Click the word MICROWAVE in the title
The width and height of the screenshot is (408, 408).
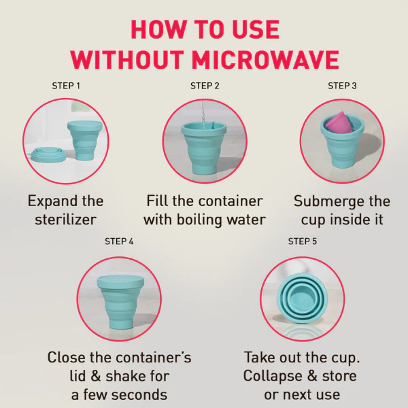click(x=265, y=60)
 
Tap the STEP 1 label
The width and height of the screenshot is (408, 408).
click(x=66, y=86)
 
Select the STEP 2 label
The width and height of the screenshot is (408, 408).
click(x=205, y=86)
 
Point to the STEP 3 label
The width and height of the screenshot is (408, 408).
click(x=342, y=86)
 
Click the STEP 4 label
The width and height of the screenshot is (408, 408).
click(x=119, y=241)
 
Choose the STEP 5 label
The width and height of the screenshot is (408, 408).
click(x=303, y=241)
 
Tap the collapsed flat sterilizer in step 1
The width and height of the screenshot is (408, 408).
click(x=48, y=155)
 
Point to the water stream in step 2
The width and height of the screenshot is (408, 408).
click(x=203, y=114)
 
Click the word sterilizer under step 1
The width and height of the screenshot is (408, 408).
click(x=65, y=220)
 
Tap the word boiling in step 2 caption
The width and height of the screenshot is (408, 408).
click(x=198, y=220)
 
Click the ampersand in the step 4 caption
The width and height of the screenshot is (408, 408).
click(x=95, y=376)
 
